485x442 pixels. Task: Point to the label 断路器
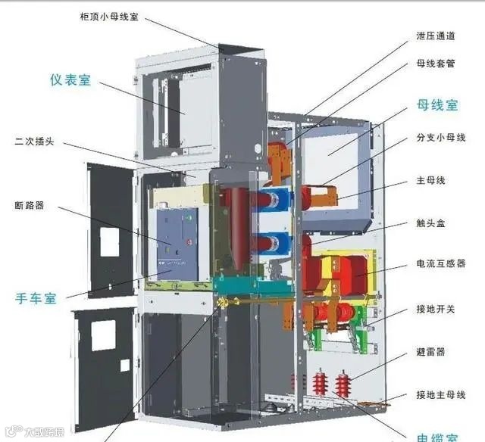pos(29,205)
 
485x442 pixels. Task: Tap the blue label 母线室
pos(437,105)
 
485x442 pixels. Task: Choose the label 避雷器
pos(430,352)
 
